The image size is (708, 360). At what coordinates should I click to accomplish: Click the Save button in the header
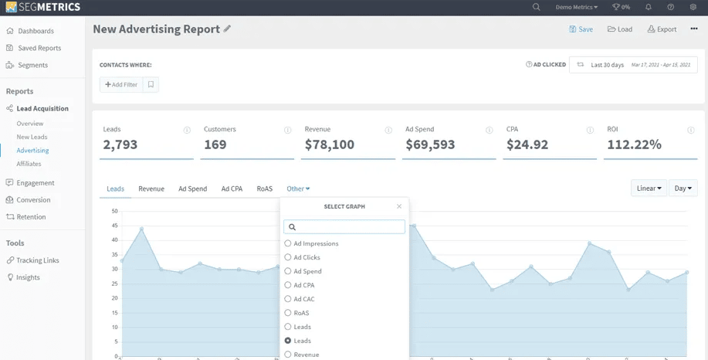pos(581,29)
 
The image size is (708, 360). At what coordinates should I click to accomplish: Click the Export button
pos(662,29)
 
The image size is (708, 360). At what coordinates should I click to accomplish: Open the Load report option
pos(620,29)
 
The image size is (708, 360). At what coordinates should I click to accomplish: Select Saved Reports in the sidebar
pos(39,48)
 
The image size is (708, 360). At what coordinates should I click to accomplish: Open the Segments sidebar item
pos(32,65)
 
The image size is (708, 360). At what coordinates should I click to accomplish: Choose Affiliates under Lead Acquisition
pos(29,164)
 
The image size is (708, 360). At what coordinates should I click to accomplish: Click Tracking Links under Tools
pos(38,260)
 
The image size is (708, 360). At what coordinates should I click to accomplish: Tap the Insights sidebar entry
pos(28,277)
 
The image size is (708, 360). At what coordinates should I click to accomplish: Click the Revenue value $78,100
pos(330,144)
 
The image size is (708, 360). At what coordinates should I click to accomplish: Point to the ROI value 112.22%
pos(634,144)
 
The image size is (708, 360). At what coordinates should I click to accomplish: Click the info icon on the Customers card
pos(287,130)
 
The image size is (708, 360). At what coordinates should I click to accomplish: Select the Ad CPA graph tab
pos(232,188)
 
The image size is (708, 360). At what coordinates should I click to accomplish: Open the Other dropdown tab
pos(298,188)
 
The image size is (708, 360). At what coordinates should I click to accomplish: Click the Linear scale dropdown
pos(649,188)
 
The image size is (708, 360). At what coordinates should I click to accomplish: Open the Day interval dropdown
pos(683,188)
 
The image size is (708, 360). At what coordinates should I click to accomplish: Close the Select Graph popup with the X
pos(399,206)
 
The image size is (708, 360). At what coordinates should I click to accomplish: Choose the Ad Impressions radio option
pos(288,243)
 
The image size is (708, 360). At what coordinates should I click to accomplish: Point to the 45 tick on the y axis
pos(114,226)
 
